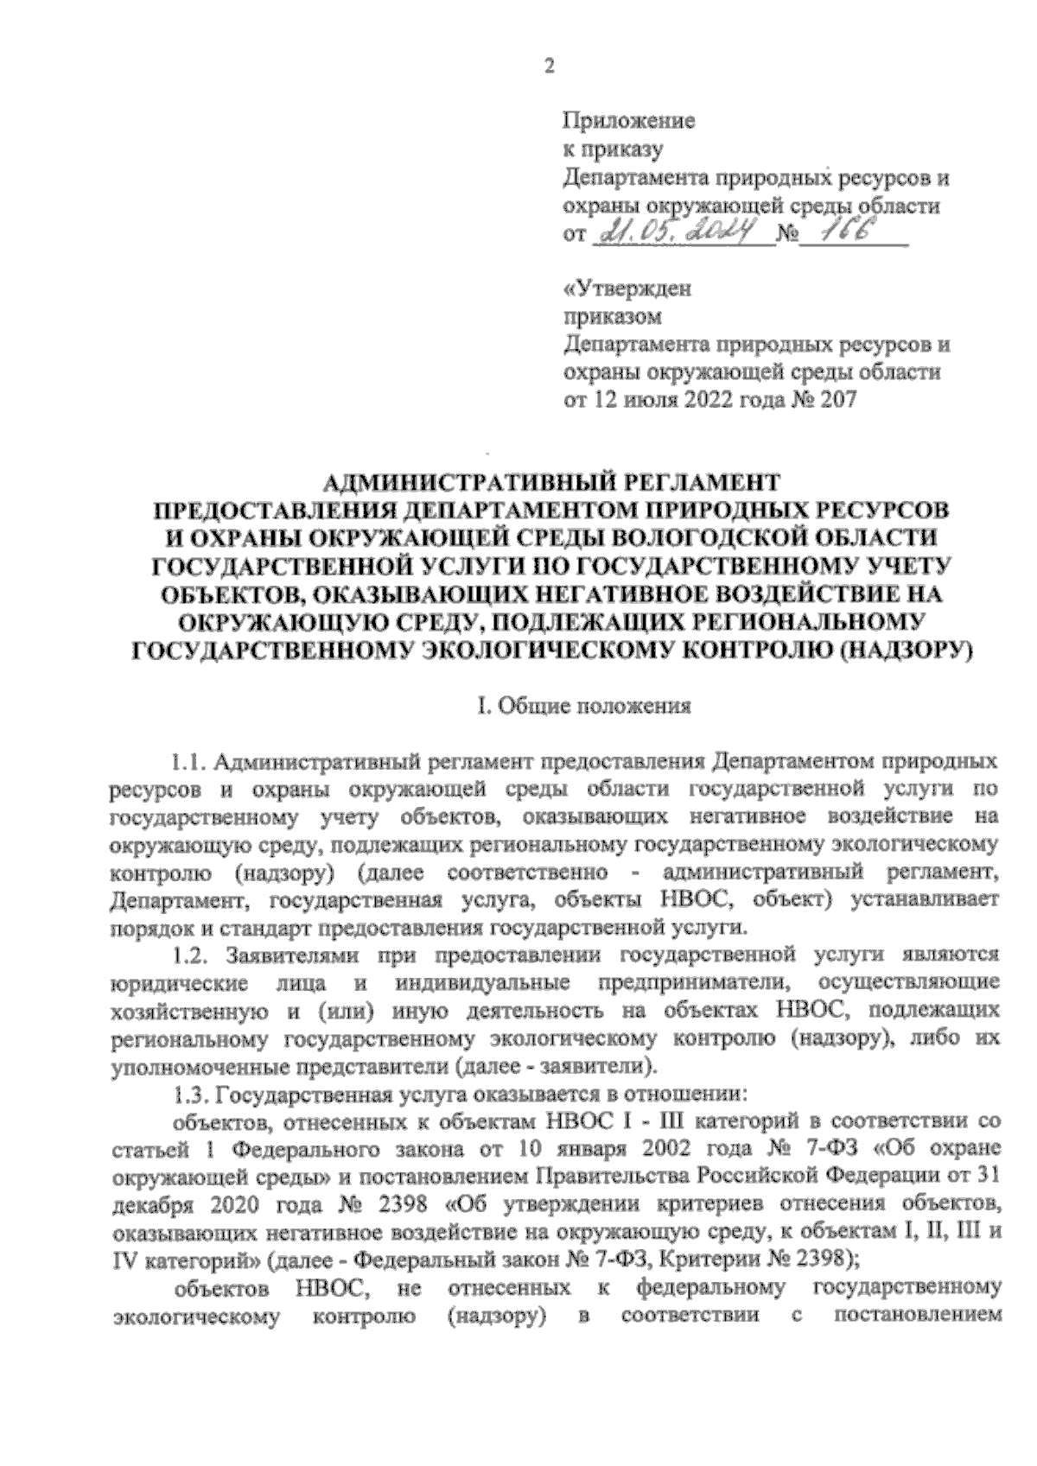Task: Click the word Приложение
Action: point(628,122)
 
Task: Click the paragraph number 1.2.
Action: point(188,956)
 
